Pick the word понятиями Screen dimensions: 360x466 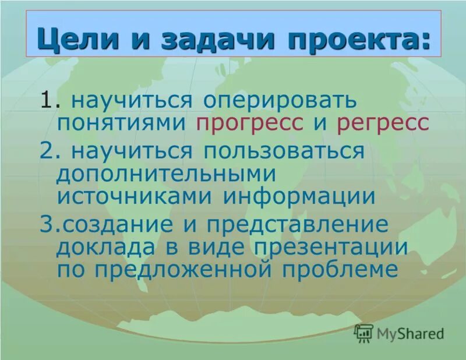(x=122, y=123)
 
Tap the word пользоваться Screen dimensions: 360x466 (x=283, y=151)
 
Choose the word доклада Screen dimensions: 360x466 (x=99, y=247)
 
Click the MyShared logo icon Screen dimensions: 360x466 (x=363, y=333)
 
